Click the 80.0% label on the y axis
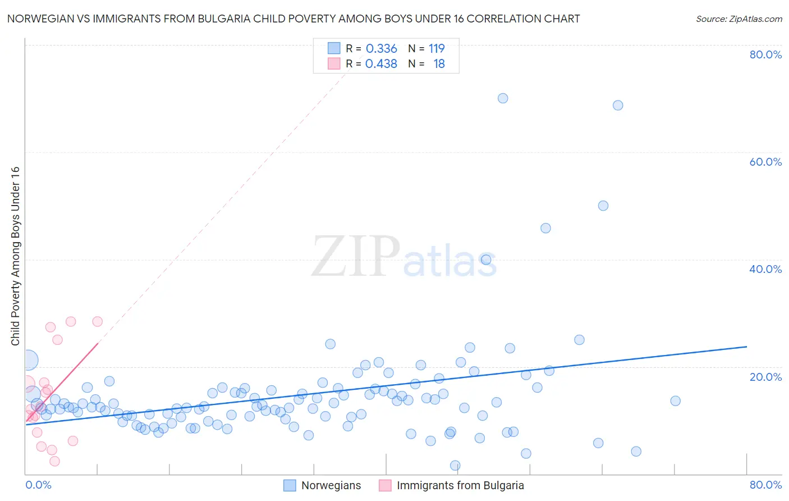765,54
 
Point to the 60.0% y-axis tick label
765,162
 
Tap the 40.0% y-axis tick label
765,269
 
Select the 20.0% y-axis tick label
765,376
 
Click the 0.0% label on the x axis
38,485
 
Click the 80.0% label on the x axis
765,485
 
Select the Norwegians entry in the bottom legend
331,485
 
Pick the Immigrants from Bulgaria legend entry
460,485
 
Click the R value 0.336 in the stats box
381,49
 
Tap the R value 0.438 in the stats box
381,64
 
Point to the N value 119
437,49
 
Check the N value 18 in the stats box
439,64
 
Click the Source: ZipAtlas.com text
738,19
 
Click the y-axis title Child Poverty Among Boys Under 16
15,256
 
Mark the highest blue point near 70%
503,98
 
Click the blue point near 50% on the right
603,206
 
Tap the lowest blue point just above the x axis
455,466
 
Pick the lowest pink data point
54,461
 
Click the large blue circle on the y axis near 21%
29,360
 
